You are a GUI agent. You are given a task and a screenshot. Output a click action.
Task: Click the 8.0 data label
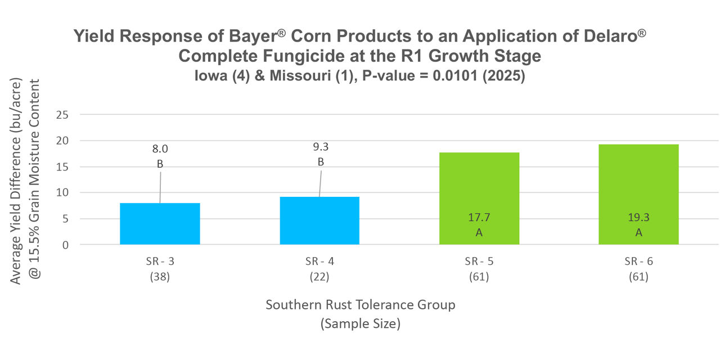coord(160,149)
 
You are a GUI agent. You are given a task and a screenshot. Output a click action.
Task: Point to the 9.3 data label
coord(320,147)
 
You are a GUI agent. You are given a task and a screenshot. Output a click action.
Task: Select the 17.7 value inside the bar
coord(479,217)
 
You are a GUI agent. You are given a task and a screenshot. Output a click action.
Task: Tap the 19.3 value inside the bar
coord(638,217)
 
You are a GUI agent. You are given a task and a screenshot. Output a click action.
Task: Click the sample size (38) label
coord(160,277)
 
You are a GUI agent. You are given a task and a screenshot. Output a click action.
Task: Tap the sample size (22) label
coord(319,277)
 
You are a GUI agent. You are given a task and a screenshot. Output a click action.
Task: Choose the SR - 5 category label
coord(479,262)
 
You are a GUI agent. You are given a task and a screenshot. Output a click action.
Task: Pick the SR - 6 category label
coord(638,262)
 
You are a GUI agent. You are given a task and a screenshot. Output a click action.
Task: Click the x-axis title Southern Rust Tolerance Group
coord(360,305)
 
